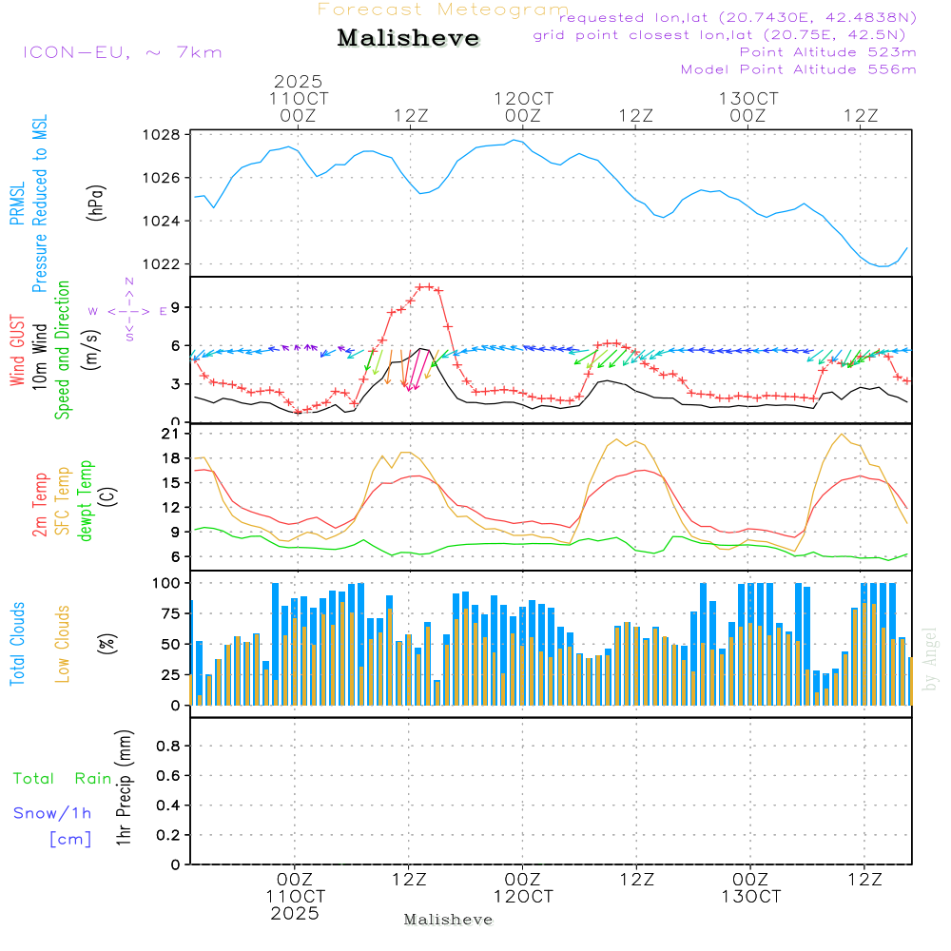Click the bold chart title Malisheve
coord(409,39)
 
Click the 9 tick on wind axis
coord(176,307)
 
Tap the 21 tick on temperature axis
coord(172,434)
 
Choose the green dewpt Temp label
coord(87,501)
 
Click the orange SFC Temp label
coord(63,501)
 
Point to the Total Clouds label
coord(17,644)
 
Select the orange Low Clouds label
coord(63,644)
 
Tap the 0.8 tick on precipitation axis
coord(168,747)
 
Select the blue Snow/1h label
coord(53,813)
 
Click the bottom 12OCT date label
coord(523,897)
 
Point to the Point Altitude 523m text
coord(827,52)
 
